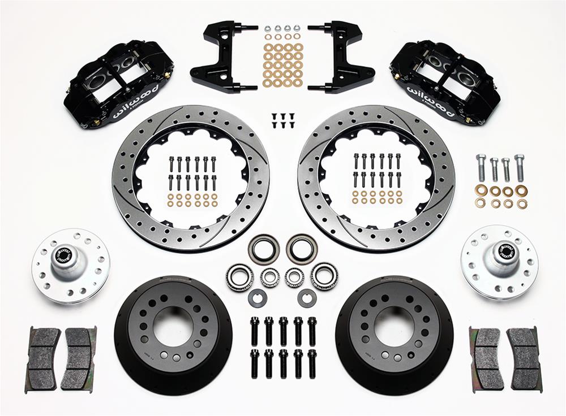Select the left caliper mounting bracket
(221, 57)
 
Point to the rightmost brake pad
(524, 358)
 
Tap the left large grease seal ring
(263, 249)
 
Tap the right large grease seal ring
(301, 248)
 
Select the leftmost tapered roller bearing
(240, 277)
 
